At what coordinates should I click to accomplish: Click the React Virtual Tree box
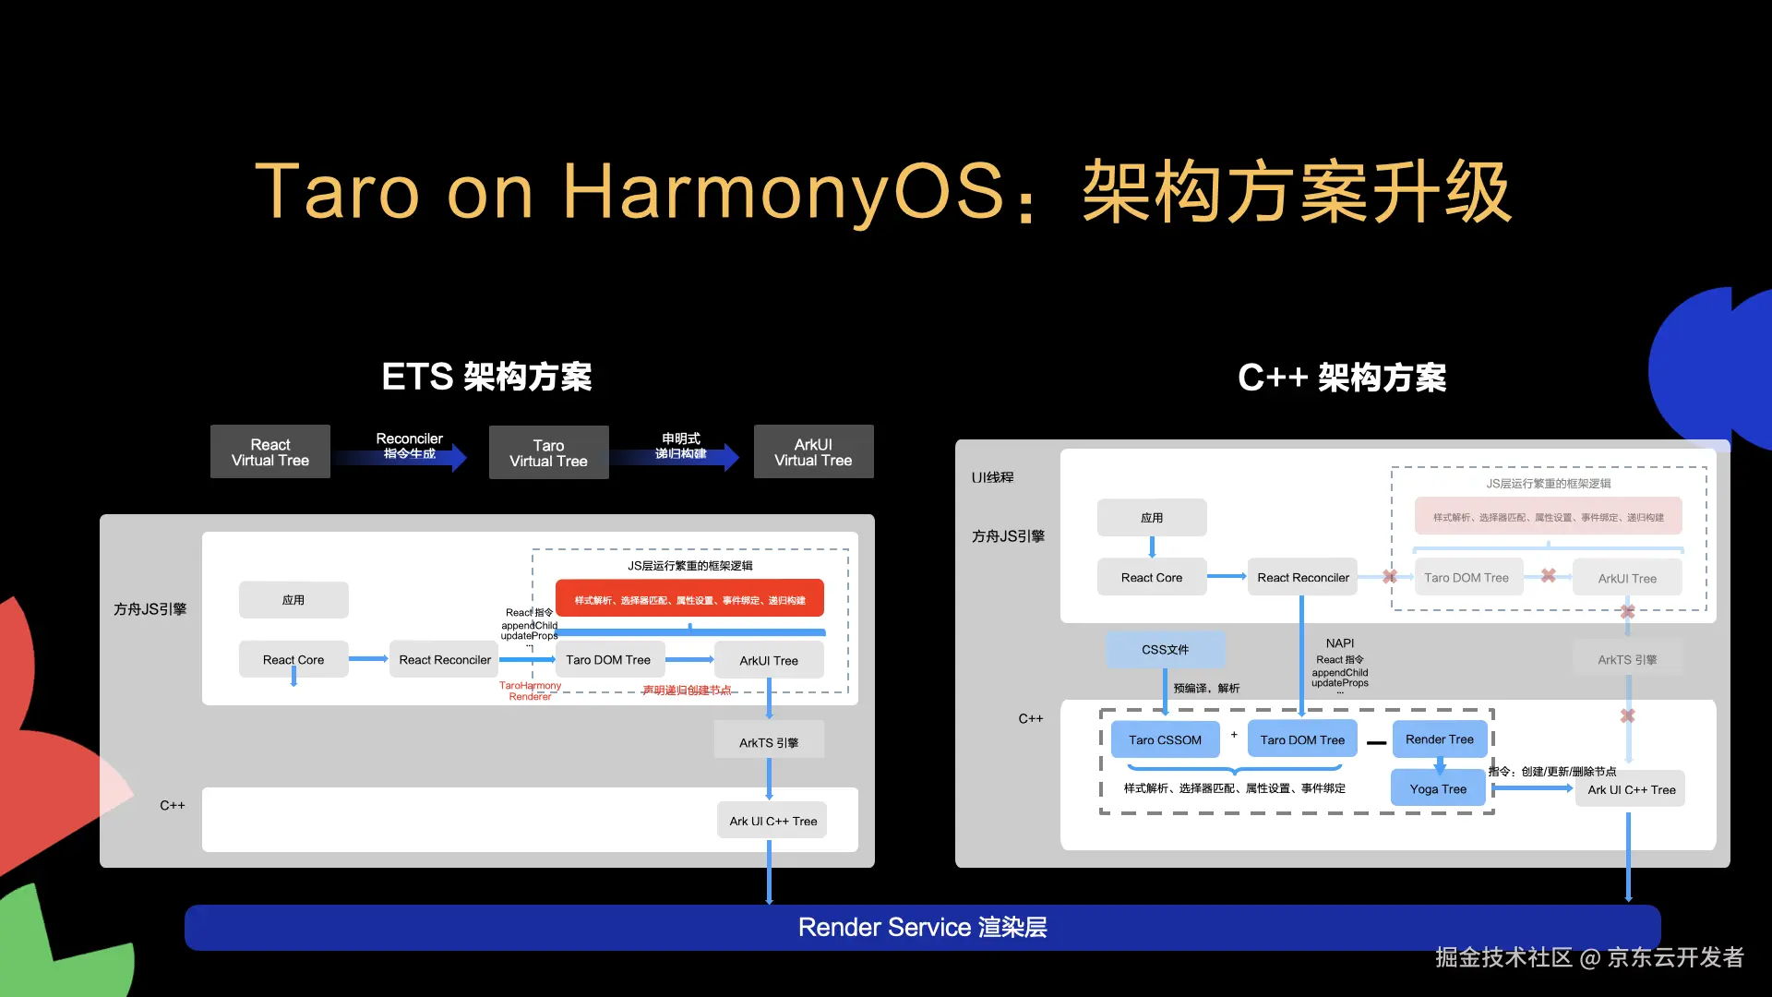(269, 451)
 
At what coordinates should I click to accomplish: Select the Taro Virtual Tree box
(548, 452)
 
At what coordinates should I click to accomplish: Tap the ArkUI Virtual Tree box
(813, 451)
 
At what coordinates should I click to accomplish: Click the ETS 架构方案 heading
(486, 377)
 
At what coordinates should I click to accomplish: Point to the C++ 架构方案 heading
(1342, 378)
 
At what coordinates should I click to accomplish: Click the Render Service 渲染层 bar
(922, 927)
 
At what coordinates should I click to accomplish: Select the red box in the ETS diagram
(689, 599)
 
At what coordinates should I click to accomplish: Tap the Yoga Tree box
(1438, 788)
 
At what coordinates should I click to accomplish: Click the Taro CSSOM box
(1165, 739)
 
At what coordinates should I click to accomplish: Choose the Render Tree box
(1439, 739)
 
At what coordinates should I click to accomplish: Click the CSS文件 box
(1165, 649)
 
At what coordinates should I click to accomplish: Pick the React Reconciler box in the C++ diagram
(1302, 577)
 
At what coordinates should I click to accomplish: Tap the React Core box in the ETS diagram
(293, 659)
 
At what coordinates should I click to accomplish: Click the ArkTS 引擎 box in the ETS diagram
(769, 741)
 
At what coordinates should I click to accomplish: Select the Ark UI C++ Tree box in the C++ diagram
(1631, 789)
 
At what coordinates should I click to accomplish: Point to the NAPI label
(1340, 643)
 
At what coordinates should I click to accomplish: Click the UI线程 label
(992, 477)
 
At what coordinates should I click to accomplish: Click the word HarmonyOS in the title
(783, 192)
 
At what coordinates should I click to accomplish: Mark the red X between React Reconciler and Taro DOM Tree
(1389, 576)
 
